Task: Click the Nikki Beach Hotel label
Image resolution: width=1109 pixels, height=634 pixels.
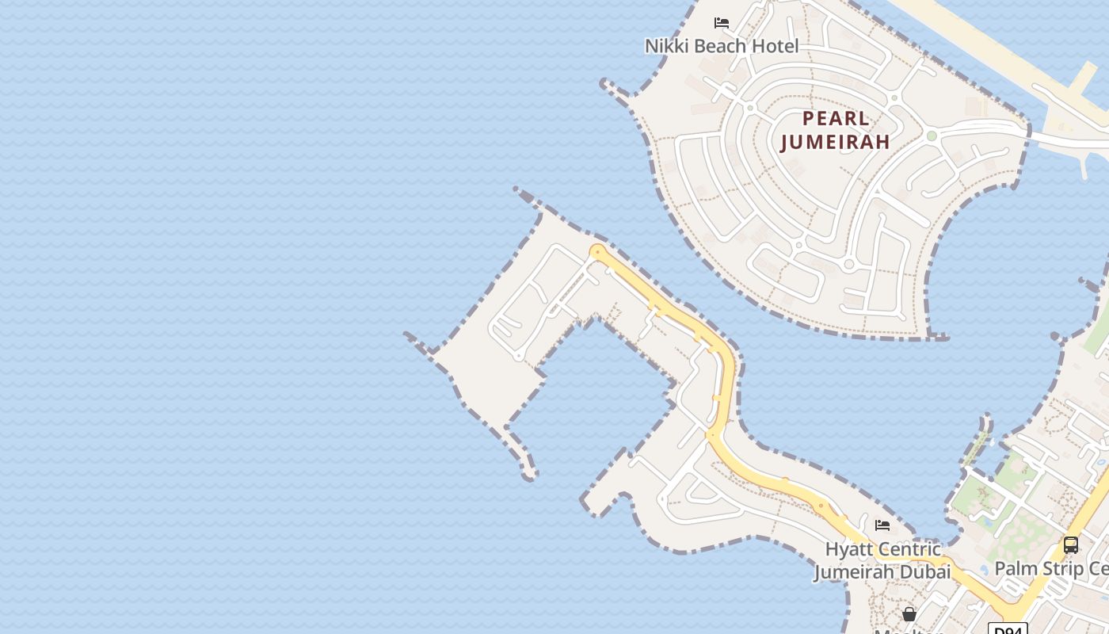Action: coord(722,46)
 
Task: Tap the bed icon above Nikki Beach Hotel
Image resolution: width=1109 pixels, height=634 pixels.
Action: coord(722,22)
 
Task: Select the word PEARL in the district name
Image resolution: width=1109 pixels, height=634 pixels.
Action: coord(836,120)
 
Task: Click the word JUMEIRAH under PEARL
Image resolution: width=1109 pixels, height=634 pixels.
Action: coord(836,142)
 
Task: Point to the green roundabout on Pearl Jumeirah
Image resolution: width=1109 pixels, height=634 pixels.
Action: coord(932,136)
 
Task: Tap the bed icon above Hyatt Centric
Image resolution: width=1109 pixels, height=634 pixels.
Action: coord(882,525)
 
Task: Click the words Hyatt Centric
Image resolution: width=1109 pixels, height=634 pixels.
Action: coord(882,548)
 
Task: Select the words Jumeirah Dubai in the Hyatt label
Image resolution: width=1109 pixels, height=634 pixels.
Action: coord(882,571)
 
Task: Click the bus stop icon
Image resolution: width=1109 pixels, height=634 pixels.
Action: coord(1071,545)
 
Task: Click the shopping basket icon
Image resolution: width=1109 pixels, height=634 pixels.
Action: coord(909,613)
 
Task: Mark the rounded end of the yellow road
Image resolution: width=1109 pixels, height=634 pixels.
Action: coord(597,252)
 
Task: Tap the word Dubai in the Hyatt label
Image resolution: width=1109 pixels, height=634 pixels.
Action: coord(924,571)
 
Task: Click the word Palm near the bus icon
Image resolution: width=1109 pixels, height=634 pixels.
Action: coord(1016,568)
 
